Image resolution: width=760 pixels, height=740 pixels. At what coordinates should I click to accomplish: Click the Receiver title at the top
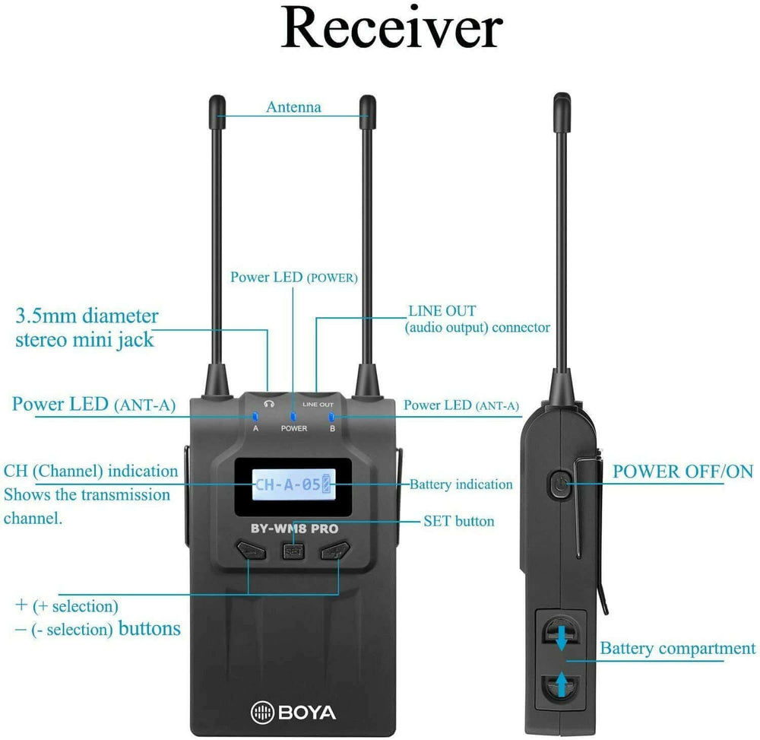(x=391, y=29)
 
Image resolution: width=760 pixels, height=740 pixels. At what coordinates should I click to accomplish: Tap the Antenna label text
(x=293, y=107)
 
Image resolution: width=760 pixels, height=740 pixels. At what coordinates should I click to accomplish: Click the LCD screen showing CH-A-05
(x=293, y=484)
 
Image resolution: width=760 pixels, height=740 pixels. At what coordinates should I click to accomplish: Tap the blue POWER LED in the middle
(x=293, y=416)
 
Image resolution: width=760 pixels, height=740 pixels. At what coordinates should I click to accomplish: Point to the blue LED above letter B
(x=331, y=416)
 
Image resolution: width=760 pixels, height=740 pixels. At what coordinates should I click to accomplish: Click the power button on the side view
(x=559, y=484)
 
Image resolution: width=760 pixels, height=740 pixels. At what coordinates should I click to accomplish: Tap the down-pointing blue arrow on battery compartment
(x=562, y=637)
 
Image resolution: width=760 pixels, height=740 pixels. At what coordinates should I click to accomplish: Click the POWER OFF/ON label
(x=682, y=471)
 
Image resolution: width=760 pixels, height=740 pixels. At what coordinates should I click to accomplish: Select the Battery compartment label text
(x=678, y=649)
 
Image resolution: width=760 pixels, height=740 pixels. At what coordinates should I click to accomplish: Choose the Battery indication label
(x=461, y=484)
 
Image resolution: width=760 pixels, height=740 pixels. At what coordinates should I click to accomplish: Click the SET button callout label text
(x=458, y=521)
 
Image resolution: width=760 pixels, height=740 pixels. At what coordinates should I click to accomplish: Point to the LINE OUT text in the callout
(x=442, y=310)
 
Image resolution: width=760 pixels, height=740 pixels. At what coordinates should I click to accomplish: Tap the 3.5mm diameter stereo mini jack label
(x=87, y=327)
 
